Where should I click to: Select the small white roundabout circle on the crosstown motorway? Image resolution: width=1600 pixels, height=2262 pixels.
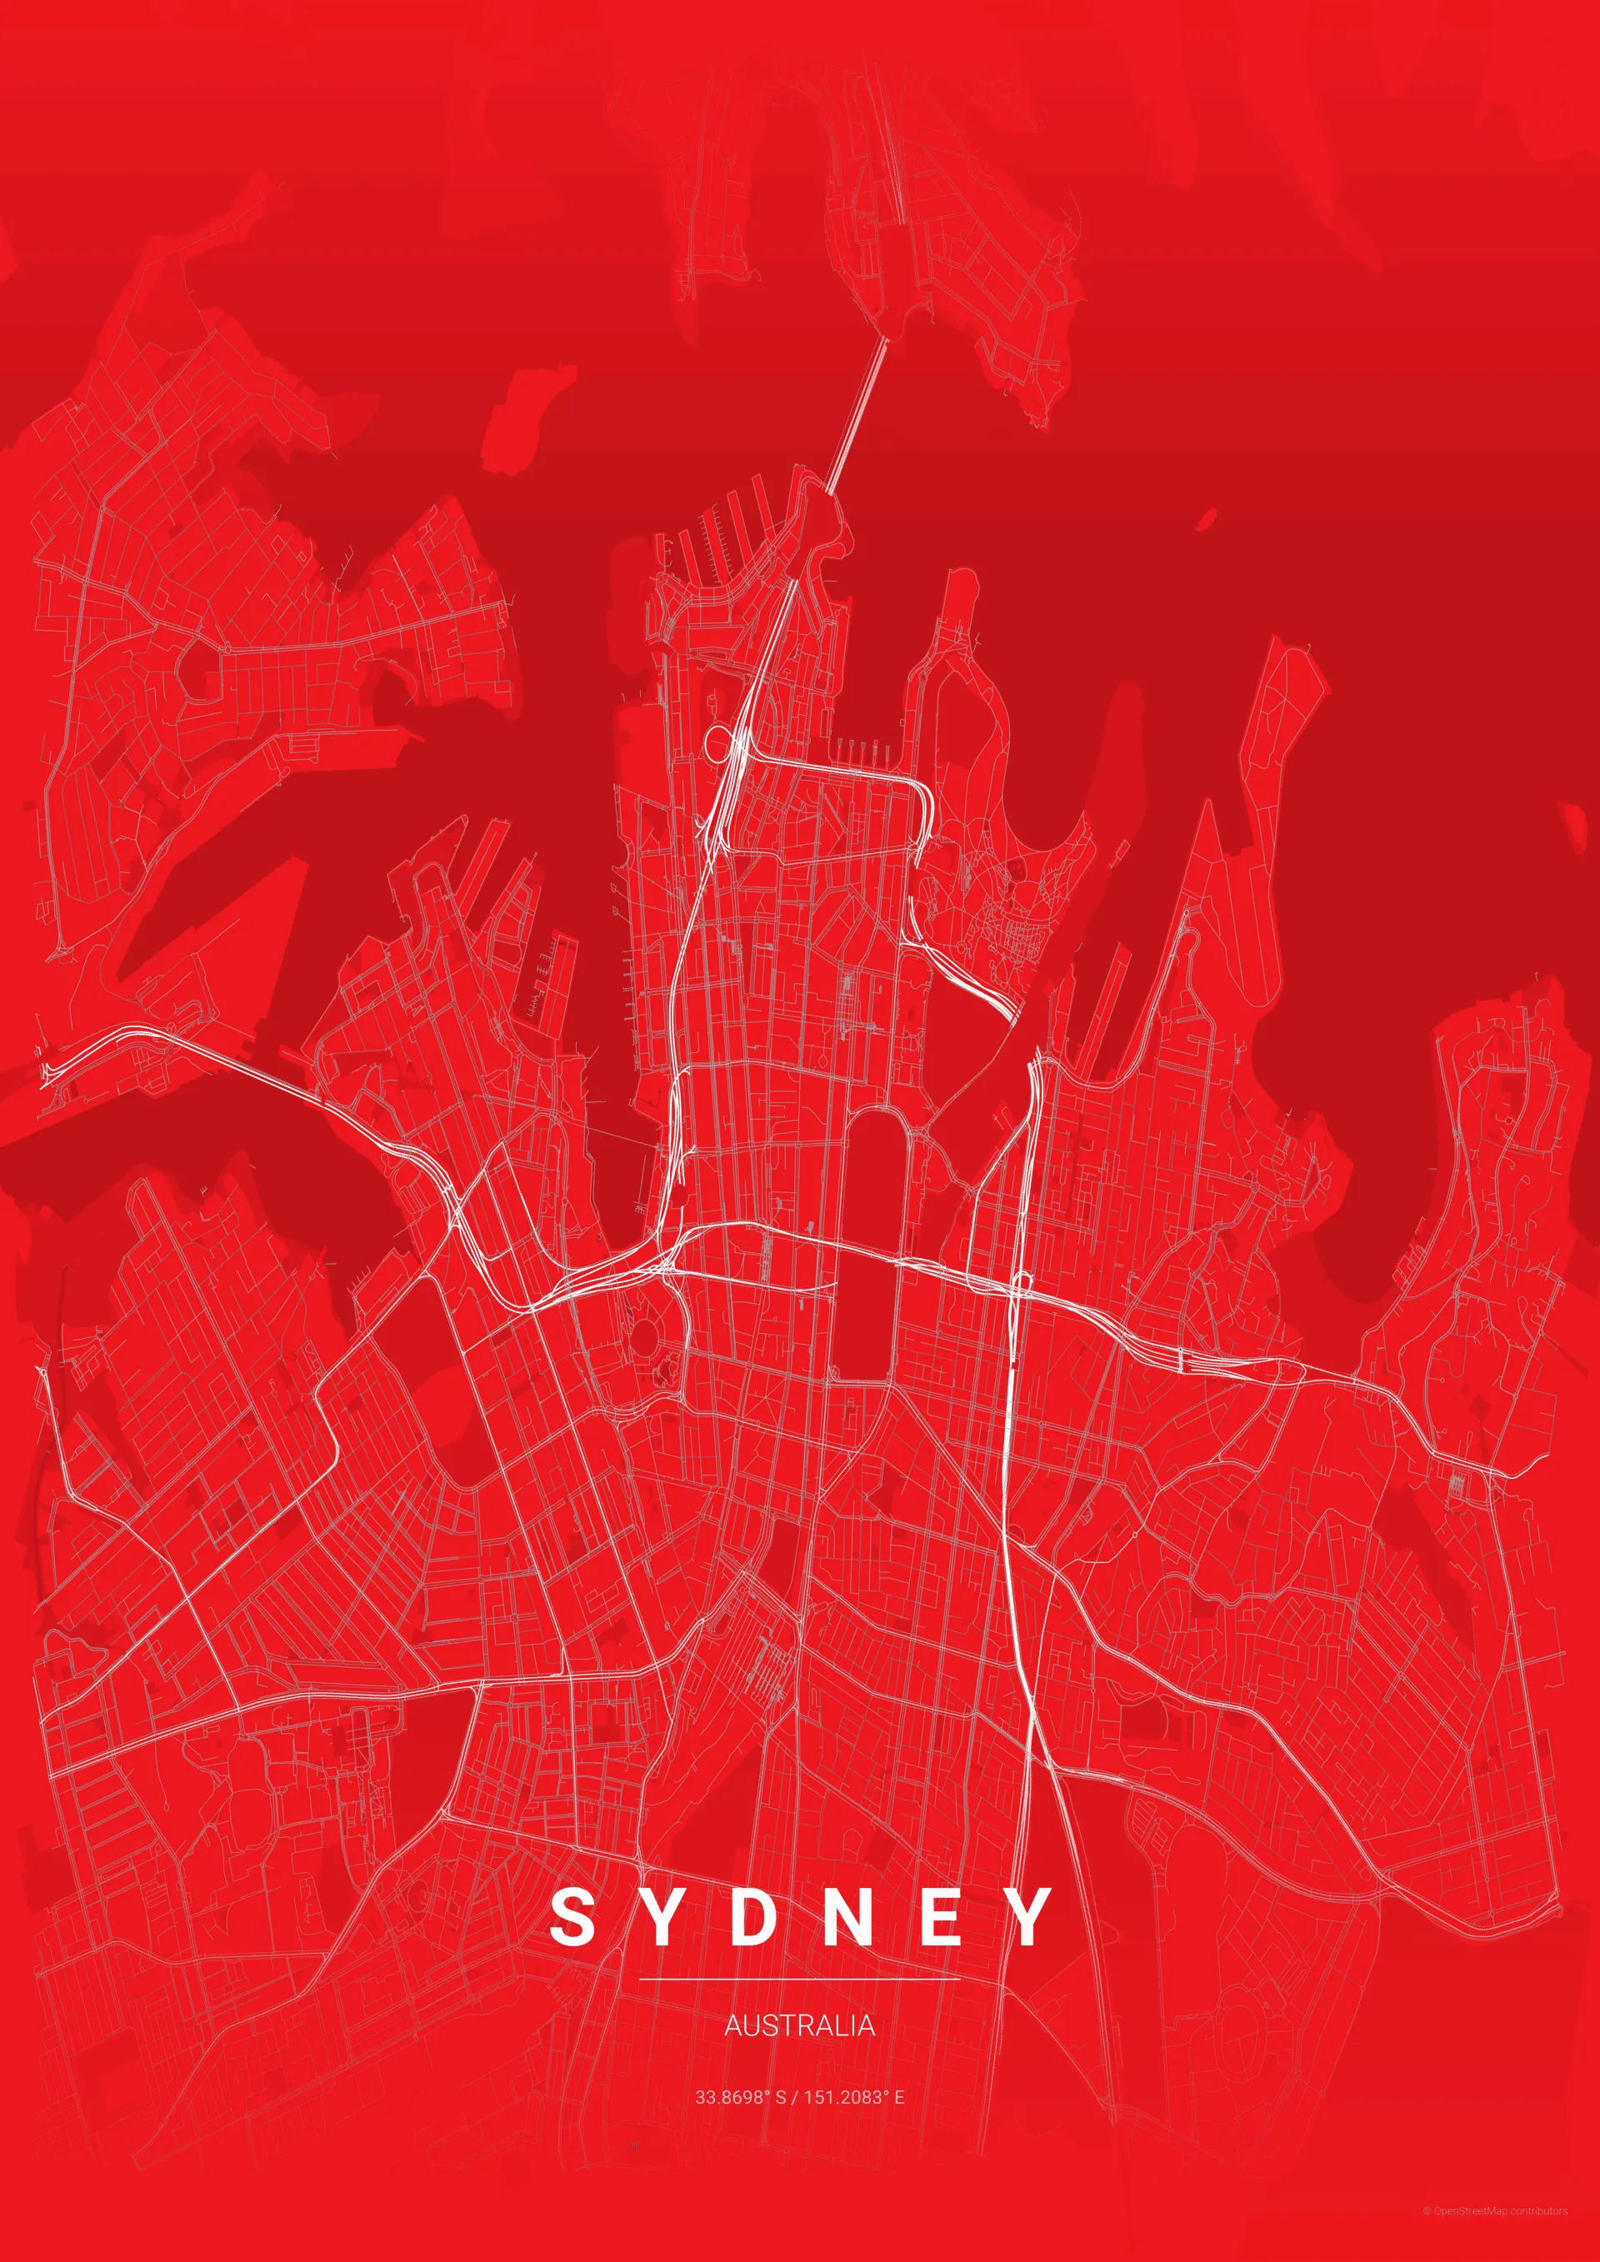tap(1022, 1281)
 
